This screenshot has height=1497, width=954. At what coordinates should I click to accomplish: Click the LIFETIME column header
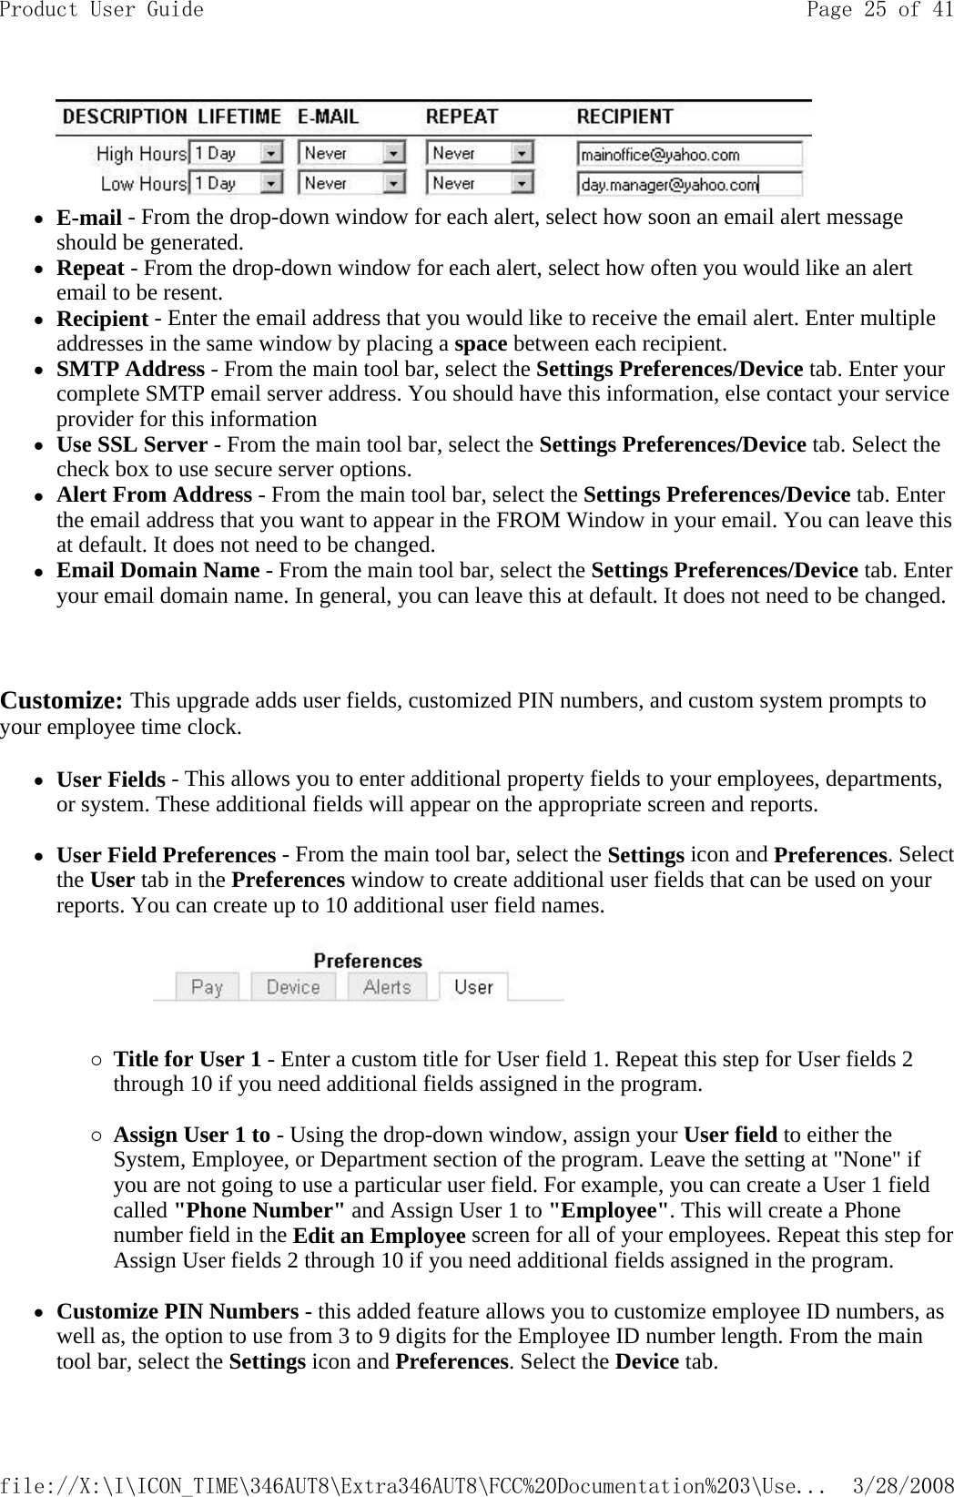(239, 117)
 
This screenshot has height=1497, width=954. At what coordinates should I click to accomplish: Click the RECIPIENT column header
(624, 117)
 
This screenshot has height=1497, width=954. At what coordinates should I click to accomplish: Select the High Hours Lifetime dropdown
(236, 153)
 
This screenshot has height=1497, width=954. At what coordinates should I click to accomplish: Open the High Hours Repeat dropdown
(480, 153)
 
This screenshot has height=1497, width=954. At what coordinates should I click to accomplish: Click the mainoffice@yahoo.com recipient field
(689, 154)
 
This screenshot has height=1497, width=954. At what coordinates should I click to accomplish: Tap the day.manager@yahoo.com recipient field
(689, 185)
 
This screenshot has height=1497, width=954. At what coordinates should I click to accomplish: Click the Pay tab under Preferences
(208, 987)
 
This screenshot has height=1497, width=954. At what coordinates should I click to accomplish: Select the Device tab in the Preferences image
(293, 987)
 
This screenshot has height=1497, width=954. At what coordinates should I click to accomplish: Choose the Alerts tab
(387, 987)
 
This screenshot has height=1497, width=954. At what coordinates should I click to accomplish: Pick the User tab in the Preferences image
(473, 987)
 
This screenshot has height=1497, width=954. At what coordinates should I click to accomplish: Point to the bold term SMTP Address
(130, 369)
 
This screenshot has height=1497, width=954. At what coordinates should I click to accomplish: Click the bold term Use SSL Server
(132, 444)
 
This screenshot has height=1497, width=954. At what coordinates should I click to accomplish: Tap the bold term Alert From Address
(154, 494)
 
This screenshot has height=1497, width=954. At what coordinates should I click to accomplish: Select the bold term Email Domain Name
(157, 570)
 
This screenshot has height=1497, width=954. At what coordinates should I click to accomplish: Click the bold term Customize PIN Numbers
(178, 1311)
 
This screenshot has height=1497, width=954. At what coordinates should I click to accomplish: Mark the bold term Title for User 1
(187, 1059)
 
